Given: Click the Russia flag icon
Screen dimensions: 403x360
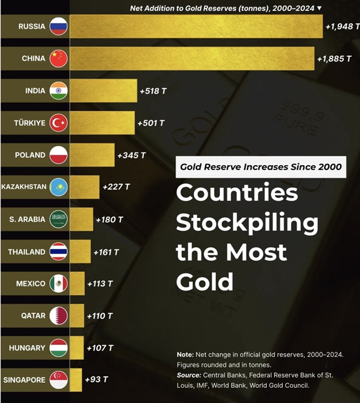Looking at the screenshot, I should click(58, 27).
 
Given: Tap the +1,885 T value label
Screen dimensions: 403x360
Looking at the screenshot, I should click(334, 59).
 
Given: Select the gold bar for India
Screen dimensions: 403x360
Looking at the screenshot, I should click(103, 91).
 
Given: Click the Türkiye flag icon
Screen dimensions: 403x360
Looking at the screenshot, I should click(58, 123).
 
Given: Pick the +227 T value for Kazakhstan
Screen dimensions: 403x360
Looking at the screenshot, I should click(116, 187).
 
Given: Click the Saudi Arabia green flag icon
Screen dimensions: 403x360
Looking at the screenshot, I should click(58, 219).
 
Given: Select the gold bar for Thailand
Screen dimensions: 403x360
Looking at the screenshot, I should click(80, 251).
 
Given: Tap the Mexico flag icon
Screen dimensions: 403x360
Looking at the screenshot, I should click(58, 284).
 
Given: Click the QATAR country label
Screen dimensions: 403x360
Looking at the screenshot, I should click(33, 316).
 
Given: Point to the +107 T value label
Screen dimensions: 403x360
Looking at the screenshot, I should click(100, 348).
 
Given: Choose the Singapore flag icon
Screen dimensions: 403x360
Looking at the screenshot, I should click(58, 380).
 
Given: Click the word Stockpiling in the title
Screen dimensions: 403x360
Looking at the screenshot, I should click(247, 222).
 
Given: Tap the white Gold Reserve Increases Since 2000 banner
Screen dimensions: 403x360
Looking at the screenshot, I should click(260, 167).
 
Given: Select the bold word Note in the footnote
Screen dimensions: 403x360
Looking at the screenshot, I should click(185, 355).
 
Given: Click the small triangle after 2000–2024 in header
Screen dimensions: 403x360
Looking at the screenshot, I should click(319, 8).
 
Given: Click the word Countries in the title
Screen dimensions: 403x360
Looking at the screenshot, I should click(237, 193).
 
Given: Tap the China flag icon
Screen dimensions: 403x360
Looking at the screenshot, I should click(58, 59).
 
